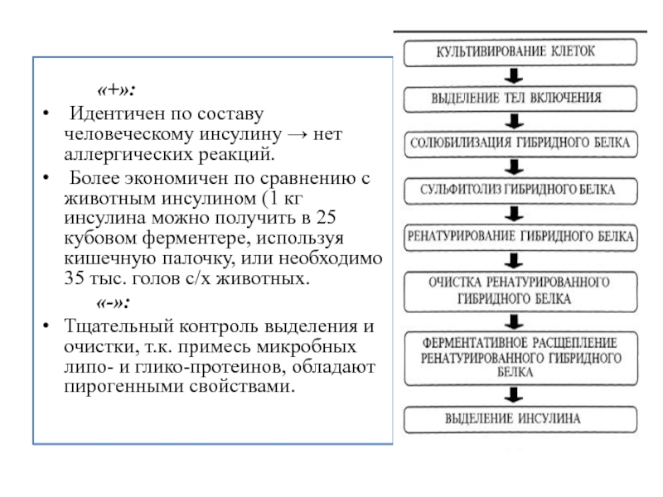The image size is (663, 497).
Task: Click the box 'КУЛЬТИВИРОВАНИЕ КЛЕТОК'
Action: coord(520,52)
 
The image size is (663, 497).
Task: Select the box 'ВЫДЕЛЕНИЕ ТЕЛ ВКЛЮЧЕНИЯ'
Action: coord(520,99)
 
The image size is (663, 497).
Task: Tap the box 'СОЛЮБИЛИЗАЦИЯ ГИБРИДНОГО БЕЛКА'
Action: coord(520,144)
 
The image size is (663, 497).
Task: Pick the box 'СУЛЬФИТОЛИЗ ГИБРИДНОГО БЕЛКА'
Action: coord(520,191)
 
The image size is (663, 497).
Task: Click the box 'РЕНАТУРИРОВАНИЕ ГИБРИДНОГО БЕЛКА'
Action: coord(520,238)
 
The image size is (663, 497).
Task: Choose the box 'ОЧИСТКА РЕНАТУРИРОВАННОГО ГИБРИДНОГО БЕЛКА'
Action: coord(520,292)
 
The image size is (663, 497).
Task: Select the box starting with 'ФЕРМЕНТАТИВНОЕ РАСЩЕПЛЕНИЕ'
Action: coord(520,359)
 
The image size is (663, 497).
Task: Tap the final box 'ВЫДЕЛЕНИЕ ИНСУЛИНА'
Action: coord(520,420)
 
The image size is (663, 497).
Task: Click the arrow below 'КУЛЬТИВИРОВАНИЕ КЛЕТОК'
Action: coord(514,76)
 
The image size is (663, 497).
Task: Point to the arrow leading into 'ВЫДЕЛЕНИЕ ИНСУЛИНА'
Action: coord(514,396)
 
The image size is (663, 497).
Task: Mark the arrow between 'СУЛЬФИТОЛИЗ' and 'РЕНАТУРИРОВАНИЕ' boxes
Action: coord(514,215)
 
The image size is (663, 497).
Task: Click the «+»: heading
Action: coord(116,89)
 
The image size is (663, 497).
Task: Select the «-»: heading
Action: coord(113,302)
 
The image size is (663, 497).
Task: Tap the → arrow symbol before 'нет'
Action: coord(298,135)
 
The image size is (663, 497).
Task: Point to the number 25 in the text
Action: coord(326,218)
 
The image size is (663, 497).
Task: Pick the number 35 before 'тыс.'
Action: coord(74,278)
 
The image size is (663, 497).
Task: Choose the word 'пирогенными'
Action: coord(123,387)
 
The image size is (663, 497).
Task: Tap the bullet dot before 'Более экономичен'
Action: coord(46,177)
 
